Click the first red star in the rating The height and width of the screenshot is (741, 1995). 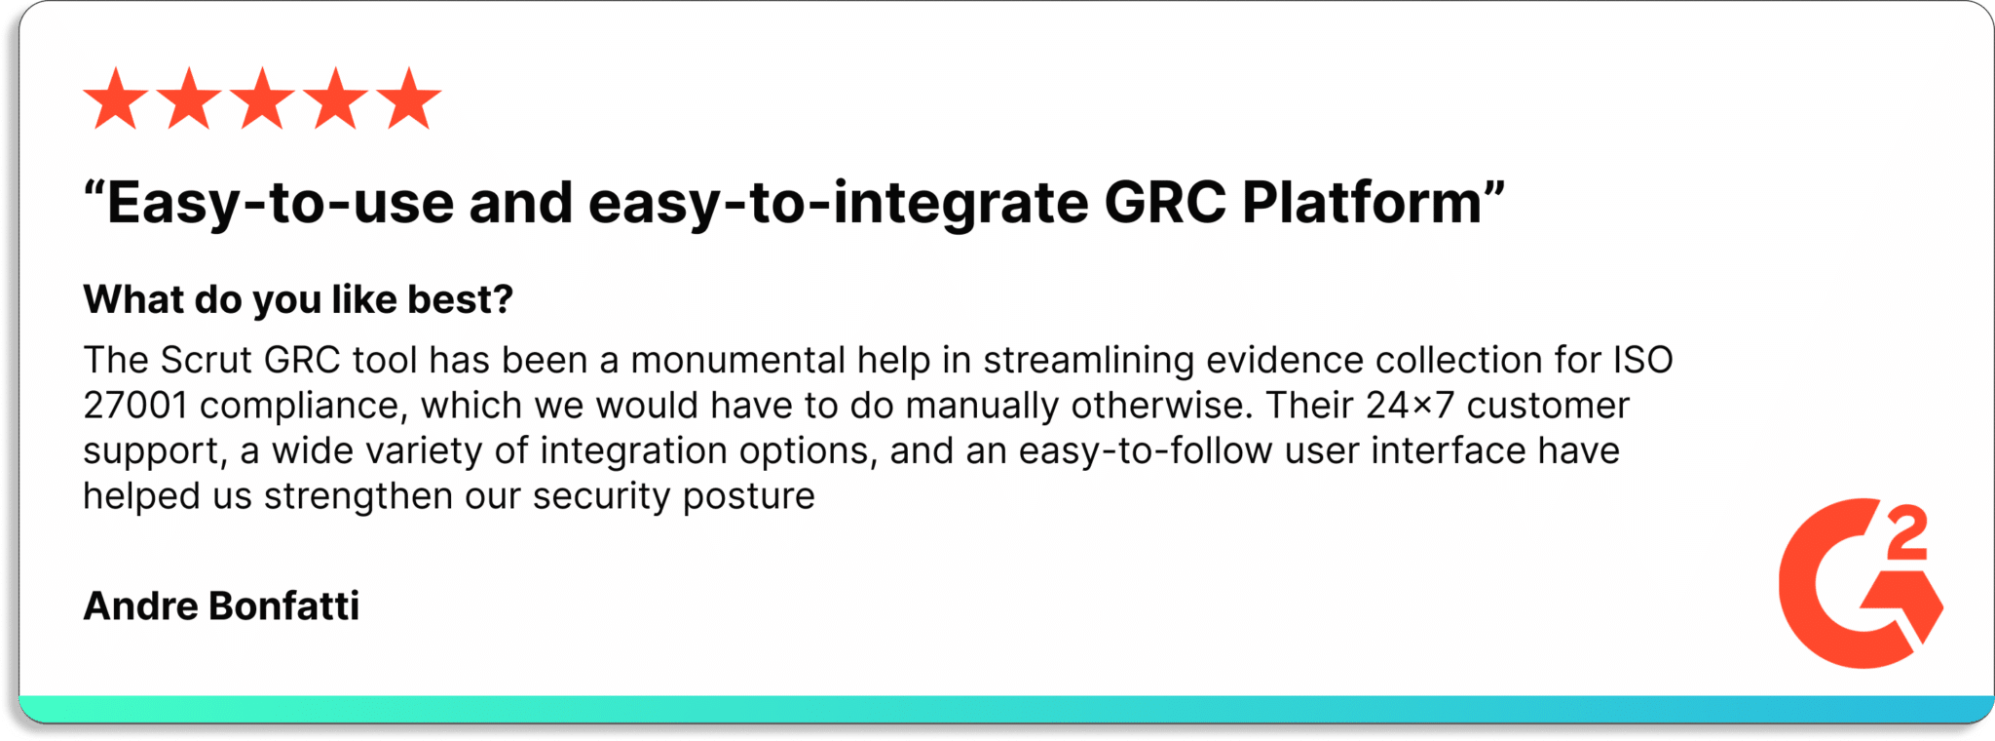[x=116, y=98]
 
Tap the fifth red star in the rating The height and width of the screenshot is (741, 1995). [x=409, y=98]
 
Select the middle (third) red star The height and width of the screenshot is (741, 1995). [x=263, y=98]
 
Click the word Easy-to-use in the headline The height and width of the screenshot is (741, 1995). [x=281, y=205]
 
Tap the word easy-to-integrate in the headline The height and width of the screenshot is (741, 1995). [x=838, y=205]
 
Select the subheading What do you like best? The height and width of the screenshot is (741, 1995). [x=298, y=299]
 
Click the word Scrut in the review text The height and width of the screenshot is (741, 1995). [x=207, y=360]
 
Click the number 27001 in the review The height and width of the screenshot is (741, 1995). [x=135, y=406]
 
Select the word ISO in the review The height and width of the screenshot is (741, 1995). [x=1643, y=360]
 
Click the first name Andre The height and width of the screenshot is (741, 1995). [x=141, y=606]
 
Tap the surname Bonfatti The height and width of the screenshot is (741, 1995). [x=284, y=606]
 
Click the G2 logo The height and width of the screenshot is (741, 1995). [x=1861, y=583]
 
